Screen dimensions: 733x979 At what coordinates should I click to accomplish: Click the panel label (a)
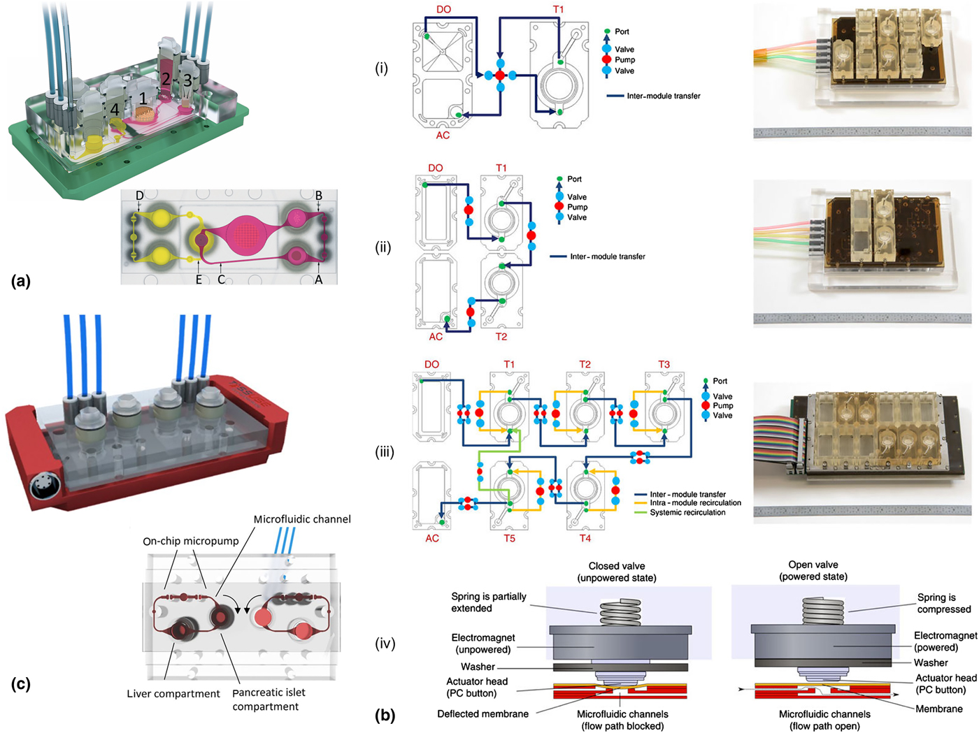tap(21, 282)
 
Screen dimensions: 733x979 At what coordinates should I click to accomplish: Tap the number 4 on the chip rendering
tap(115, 110)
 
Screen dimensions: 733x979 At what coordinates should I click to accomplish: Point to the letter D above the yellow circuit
tap(140, 196)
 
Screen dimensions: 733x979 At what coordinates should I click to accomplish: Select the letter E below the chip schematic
tap(199, 280)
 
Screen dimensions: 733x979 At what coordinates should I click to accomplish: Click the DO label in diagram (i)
tap(443, 9)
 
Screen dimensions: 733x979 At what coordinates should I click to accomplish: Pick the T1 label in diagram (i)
tap(558, 9)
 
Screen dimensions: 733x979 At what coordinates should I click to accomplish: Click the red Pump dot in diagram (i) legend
tap(607, 60)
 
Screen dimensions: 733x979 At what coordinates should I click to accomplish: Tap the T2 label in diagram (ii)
tap(501, 337)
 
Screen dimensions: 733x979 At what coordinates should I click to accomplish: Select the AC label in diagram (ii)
tap(436, 337)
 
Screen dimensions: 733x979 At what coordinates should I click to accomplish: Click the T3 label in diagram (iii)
tap(664, 364)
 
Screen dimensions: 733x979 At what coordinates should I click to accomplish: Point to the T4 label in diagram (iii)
tap(585, 538)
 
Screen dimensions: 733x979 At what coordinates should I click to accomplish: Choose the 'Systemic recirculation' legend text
tap(687, 512)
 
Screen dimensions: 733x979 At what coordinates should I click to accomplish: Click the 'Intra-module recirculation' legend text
tap(695, 502)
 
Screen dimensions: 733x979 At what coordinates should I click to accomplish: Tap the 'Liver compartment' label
tap(173, 694)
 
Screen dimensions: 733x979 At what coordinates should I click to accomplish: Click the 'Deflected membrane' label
tap(483, 714)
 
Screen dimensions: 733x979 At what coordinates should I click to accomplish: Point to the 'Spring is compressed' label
tap(944, 603)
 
